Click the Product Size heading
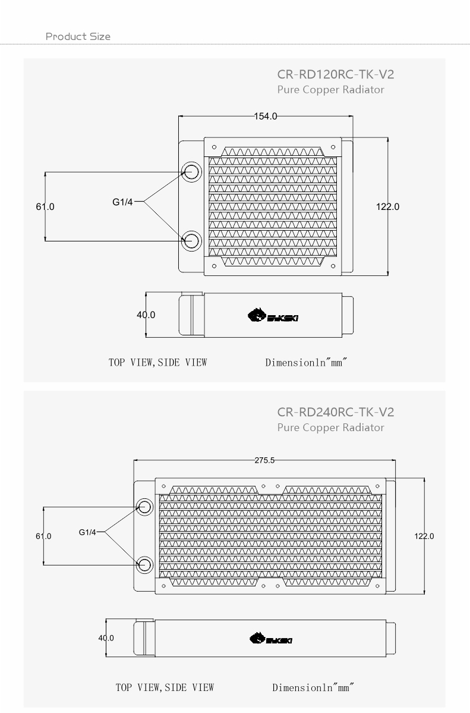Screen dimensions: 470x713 pyautogui.click(x=78, y=36)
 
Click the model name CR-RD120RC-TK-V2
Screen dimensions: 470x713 pyautogui.click(x=336, y=74)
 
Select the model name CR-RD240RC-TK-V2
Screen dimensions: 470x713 pyautogui.click(x=336, y=412)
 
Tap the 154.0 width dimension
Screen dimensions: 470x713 pyautogui.click(x=266, y=117)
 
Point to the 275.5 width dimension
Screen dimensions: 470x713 pyautogui.click(x=264, y=460)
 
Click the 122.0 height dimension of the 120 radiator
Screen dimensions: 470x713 pyautogui.click(x=388, y=207)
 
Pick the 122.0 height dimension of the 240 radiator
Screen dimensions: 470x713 pyautogui.click(x=424, y=536)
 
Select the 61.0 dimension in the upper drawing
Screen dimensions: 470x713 pyautogui.click(x=45, y=207)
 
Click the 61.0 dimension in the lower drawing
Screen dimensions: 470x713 pyautogui.click(x=43, y=536)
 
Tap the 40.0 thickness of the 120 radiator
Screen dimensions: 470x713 pyautogui.click(x=146, y=315)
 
